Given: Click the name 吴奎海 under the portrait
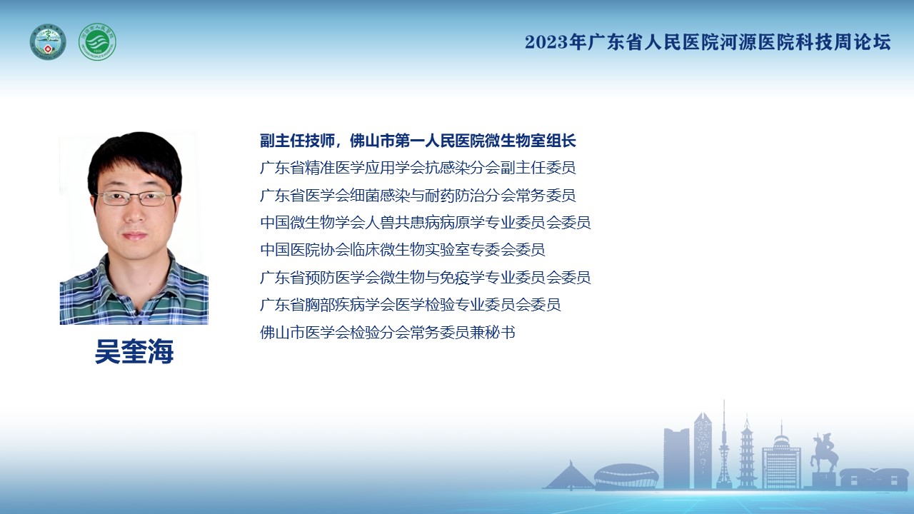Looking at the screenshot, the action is click(134, 351).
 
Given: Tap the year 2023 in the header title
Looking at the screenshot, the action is click(546, 42).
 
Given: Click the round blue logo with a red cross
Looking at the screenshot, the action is click(48, 42).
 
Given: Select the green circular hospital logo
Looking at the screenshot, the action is click(97, 42).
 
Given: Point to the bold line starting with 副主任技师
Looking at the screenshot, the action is click(418, 141).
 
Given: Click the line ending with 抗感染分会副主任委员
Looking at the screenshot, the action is click(418, 168).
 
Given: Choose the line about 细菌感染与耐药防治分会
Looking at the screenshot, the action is click(418, 196).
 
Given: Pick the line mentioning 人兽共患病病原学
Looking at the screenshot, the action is click(425, 223).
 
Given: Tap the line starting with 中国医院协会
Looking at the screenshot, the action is click(402, 250).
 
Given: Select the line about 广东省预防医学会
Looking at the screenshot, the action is click(425, 278).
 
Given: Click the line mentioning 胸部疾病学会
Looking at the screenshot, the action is click(410, 305).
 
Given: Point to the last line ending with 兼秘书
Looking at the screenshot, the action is click(387, 333).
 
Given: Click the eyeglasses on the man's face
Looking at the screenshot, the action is click(136, 198).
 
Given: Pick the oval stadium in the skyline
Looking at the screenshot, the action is click(626, 475).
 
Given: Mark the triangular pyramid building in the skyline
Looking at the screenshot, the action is click(569, 475).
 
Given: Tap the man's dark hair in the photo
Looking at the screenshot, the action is click(135, 157).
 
